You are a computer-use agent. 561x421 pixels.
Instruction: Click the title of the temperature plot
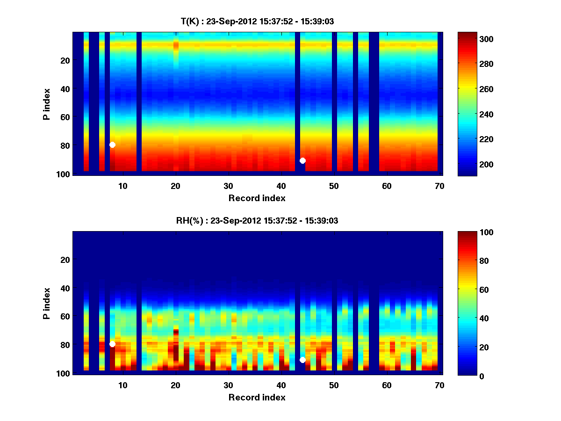tap(257, 21)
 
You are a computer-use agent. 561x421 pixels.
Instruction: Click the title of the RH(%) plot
tap(257, 221)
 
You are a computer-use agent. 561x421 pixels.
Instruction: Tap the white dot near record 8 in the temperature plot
tap(112, 145)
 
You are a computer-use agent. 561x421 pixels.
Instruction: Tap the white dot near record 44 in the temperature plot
tap(302, 160)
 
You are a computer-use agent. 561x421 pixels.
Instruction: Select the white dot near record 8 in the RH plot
tap(112, 344)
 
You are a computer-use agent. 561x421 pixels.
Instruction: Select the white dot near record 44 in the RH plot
tap(302, 360)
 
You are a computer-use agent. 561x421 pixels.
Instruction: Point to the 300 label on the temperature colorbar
tap(472, 39)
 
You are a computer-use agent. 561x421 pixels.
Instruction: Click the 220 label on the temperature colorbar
tap(472, 139)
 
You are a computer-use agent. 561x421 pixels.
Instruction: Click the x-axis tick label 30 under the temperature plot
tap(228, 186)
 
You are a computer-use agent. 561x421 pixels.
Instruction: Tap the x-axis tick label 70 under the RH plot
tap(439, 385)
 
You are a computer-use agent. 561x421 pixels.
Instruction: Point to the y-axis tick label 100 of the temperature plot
tap(65, 174)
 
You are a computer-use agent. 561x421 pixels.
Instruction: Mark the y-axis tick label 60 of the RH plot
tap(66, 317)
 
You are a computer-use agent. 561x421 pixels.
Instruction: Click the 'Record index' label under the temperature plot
tap(257, 198)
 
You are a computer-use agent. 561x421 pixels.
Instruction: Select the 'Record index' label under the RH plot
tap(257, 397)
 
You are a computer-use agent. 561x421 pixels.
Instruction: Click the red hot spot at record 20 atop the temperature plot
tap(176, 45)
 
